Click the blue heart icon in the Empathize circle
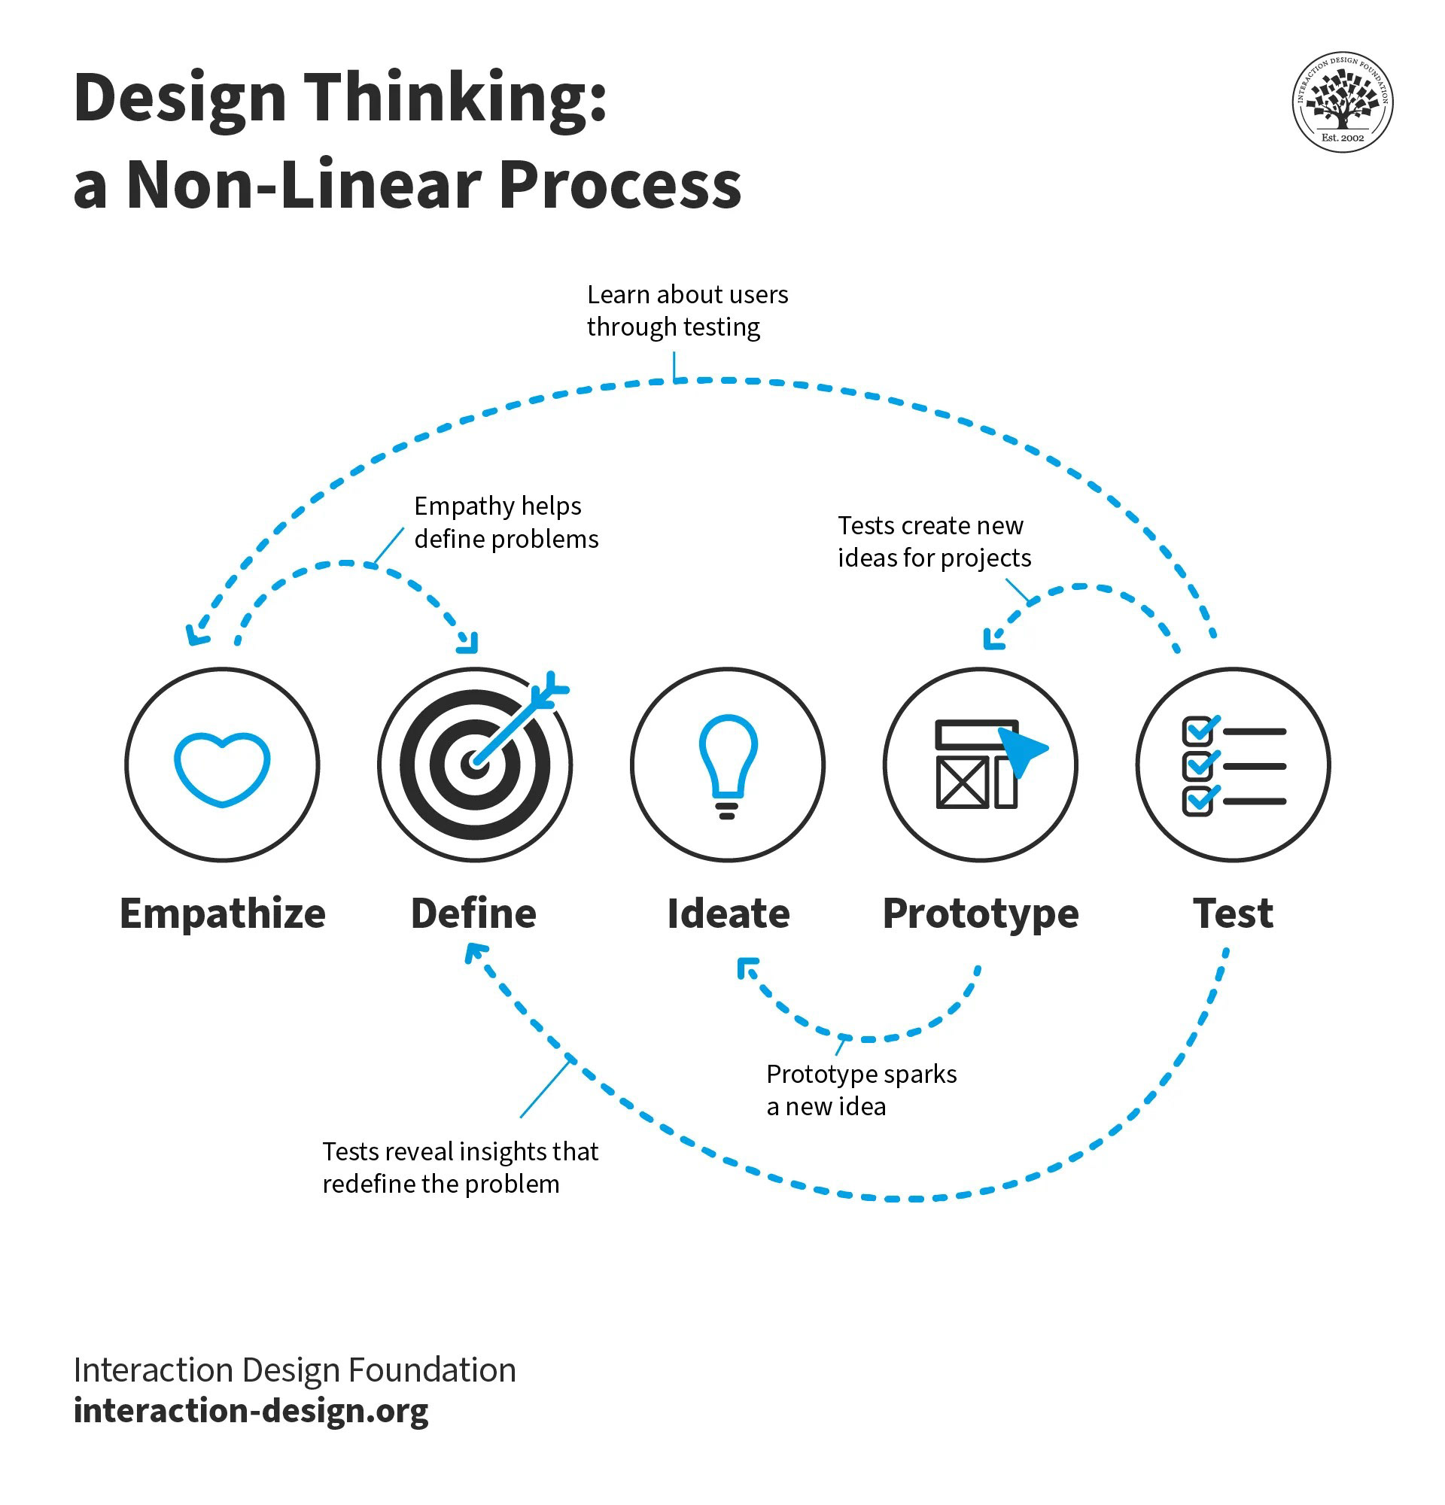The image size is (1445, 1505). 222,768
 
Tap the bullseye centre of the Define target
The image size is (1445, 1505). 474,765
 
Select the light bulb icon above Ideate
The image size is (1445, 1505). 727,765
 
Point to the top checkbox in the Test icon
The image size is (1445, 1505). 1196,731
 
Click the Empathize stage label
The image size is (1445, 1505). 223,914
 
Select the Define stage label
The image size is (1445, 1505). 473,914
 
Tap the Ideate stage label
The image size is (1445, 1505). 728,914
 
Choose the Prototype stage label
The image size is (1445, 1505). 981,914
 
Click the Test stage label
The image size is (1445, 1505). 1233,914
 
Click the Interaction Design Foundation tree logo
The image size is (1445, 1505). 1342,102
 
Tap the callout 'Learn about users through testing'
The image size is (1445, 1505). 686,310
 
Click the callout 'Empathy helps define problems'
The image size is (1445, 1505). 505,522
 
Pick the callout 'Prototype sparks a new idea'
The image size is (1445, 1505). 861,1090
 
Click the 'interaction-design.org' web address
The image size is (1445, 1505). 251,1410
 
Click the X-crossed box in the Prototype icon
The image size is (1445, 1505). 961,782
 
